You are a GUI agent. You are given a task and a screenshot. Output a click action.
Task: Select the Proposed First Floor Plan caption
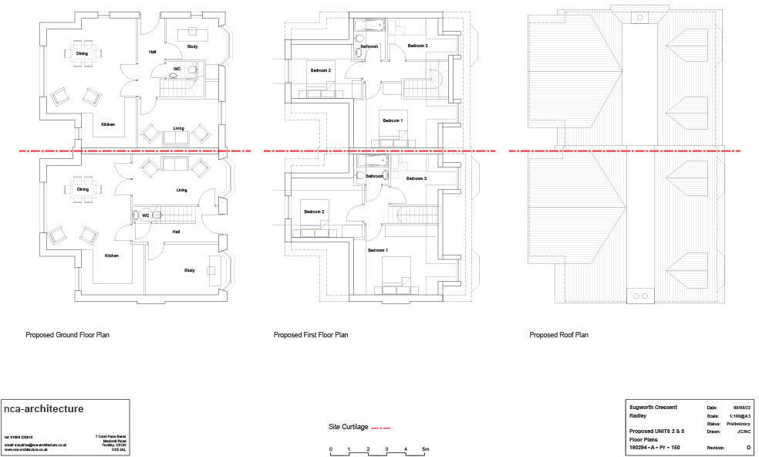[x=311, y=336]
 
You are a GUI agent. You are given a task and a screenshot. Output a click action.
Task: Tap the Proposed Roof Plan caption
[x=558, y=336]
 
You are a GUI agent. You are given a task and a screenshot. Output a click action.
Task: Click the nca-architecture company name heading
[x=43, y=409]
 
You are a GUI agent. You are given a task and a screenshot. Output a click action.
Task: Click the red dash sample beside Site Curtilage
[x=382, y=427]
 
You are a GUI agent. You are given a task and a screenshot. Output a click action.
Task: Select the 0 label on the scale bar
[x=330, y=449]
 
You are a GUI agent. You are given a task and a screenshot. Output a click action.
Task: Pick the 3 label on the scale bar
[x=386, y=449]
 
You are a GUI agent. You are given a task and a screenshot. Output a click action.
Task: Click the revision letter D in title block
[x=747, y=447]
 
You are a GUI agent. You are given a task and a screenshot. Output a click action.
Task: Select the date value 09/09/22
[x=741, y=407]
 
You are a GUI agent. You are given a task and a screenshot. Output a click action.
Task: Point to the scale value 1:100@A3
[x=738, y=415]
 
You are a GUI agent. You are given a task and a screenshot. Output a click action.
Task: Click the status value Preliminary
[x=738, y=424]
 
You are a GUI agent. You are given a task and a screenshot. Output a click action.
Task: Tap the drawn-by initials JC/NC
[x=743, y=432]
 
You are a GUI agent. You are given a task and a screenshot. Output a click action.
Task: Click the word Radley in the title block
[x=638, y=415]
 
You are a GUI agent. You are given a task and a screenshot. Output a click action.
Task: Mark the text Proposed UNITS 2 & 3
[x=656, y=431]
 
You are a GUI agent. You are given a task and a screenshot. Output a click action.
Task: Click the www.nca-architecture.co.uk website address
[x=26, y=449]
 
